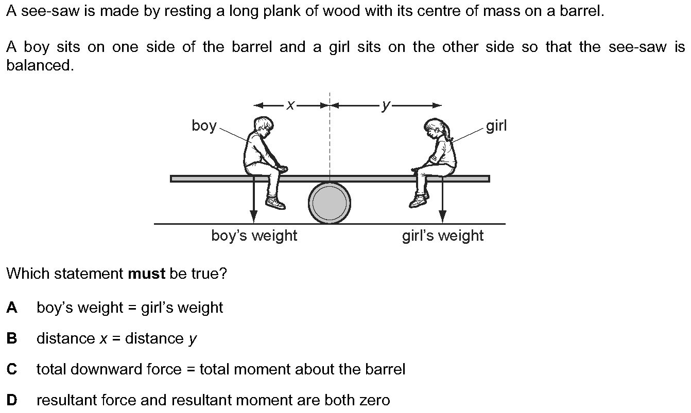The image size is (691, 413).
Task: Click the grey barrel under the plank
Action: click(330, 203)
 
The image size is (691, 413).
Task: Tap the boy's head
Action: click(263, 126)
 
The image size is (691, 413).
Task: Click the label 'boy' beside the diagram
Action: click(204, 125)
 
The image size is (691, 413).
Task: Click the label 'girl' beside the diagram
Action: click(496, 125)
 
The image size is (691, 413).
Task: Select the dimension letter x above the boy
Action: click(291, 105)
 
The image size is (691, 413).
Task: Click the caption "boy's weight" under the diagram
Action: click(254, 236)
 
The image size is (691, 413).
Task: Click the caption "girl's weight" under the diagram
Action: click(443, 236)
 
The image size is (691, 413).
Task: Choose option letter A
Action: click(12, 308)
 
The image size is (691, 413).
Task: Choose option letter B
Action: click(12, 338)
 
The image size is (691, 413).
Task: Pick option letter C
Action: click(12, 369)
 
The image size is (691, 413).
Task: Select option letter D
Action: click(12, 400)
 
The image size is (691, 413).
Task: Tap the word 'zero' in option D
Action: click(373, 400)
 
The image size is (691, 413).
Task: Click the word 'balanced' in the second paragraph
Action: click(39, 66)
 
